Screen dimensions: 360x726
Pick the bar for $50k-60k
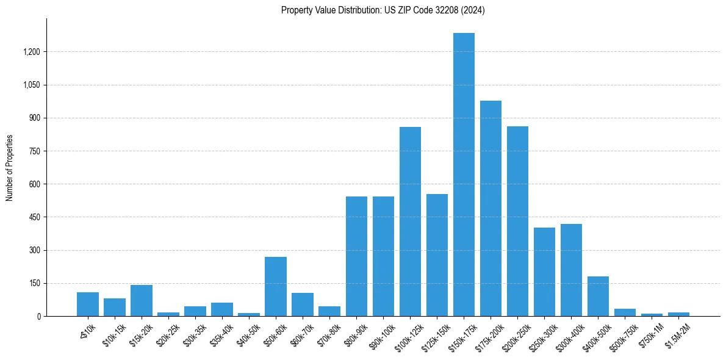[276, 287]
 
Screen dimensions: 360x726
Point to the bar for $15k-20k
[142, 301]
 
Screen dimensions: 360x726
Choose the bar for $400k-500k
[598, 297]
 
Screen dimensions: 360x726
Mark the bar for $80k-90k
[356, 256]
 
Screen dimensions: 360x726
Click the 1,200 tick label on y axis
[31, 52]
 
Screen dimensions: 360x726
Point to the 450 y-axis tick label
[35, 217]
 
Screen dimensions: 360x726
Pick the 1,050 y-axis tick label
[31, 85]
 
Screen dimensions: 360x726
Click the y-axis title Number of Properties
[9, 168]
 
